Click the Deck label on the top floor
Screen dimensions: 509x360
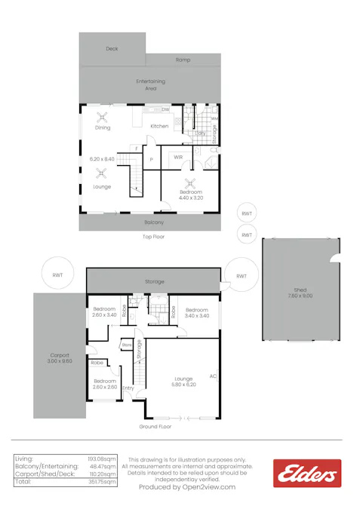[112, 48]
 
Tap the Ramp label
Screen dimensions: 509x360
[183, 60]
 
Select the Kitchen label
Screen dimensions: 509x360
[159, 126]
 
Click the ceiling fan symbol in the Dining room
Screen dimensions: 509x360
[103, 116]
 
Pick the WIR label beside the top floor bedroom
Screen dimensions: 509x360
[178, 157]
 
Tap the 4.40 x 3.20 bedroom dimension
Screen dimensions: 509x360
[190, 198]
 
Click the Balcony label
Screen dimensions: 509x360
[154, 222]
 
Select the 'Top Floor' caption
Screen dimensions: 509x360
[153, 237]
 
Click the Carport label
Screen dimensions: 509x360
[60, 358]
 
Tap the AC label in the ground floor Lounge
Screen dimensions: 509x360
[214, 375]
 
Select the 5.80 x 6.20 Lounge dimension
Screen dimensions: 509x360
[183, 385]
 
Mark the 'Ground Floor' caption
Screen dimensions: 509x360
[155, 427]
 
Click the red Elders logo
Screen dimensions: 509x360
[306, 474]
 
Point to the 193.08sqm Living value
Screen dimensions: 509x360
[102, 458]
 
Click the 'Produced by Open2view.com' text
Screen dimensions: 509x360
[187, 487]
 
